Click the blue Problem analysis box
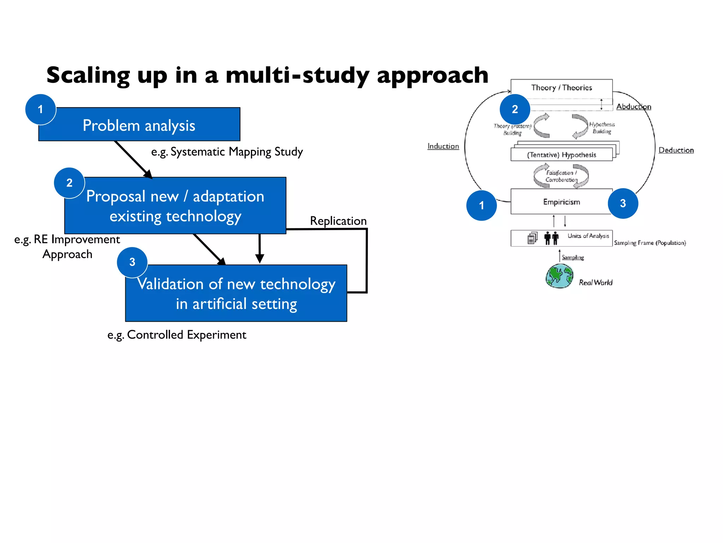pyautogui.click(x=139, y=124)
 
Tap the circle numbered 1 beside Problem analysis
pyautogui.click(x=41, y=109)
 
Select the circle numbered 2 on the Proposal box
pyautogui.click(x=70, y=183)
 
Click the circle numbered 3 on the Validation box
pyautogui.click(x=132, y=262)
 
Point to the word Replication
pyautogui.click(x=338, y=221)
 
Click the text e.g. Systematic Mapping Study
pyautogui.click(x=227, y=152)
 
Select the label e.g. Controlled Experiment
pyautogui.click(x=177, y=334)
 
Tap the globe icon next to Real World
pyautogui.click(x=559, y=276)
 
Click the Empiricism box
pyautogui.click(x=561, y=202)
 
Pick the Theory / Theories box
pyautogui.click(x=561, y=88)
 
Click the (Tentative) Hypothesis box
pyautogui.click(x=561, y=155)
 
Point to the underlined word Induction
pyautogui.click(x=443, y=146)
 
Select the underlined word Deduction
pyautogui.click(x=676, y=150)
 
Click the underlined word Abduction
pyautogui.click(x=634, y=107)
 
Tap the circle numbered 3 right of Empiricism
pyautogui.click(x=623, y=203)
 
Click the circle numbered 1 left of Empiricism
pyautogui.click(x=482, y=205)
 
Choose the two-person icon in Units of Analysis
pyautogui.click(x=551, y=238)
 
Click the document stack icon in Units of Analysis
pyautogui.click(x=532, y=238)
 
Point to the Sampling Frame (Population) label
pyautogui.click(x=650, y=243)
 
